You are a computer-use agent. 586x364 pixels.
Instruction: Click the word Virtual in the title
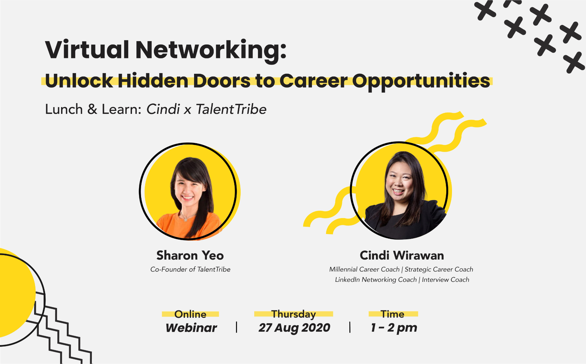pos(87,50)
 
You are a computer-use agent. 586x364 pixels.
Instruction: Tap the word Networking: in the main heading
pos(211,51)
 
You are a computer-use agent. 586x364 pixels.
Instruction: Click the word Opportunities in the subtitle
pos(421,82)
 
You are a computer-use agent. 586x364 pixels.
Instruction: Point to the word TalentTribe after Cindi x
pos(231,109)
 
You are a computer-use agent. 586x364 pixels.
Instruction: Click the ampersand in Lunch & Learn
pos(92,109)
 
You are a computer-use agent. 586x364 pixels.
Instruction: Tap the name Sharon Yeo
pos(190,255)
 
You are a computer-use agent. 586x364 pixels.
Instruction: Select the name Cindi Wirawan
pos(402,255)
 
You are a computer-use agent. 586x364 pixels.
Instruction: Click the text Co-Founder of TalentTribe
pos(190,269)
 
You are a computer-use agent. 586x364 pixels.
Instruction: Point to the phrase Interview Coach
pos(446,280)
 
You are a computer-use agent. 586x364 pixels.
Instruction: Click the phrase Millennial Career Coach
pos(364,269)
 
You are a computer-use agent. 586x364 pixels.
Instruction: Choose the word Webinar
pos(191,328)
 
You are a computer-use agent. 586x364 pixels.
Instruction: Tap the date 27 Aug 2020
pos(294,328)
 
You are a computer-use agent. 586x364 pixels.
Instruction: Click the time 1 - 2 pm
pos(394,328)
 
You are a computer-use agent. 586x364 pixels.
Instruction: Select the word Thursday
pos(294,314)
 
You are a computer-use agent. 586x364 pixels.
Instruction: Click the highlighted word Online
pos(190,314)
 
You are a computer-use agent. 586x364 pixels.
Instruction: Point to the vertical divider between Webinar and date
pos(237,327)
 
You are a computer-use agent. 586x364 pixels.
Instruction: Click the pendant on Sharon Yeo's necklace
pos(186,219)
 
